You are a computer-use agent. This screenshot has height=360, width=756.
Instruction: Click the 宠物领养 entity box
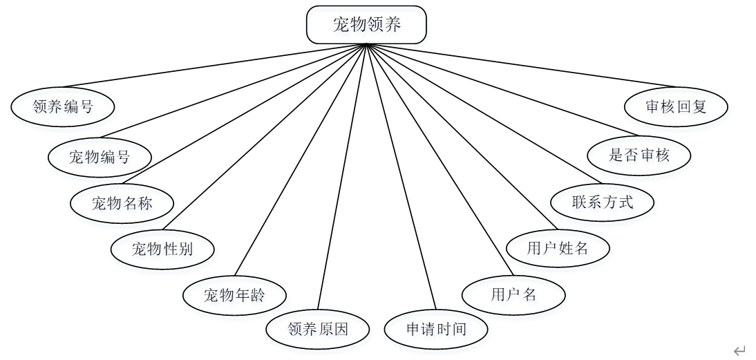click(366, 26)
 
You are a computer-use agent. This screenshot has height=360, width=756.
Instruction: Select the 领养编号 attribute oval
click(63, 106)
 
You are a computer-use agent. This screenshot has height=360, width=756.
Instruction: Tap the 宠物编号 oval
click(100, 157)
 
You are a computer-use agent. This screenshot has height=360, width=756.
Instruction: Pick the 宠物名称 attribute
click(122, 203)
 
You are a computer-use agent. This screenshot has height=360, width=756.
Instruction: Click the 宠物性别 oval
click(162, 249)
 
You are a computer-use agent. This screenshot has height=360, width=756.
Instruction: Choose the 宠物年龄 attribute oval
click(234, 296)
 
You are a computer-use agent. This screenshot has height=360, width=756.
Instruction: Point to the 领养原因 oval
click(318, 329)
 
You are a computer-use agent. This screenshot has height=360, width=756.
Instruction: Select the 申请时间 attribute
click(436, 329)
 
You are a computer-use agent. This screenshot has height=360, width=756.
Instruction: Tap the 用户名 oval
click(513, 295)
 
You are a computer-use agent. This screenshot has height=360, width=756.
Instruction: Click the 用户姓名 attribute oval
click(558, 249)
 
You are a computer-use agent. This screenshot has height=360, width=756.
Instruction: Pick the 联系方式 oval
click(603, 202)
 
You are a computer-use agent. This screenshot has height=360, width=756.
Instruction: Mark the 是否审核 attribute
click(639, 155)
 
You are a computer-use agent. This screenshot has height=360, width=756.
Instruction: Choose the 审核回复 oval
click(677, 107)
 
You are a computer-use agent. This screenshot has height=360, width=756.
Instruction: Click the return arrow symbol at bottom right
click(739, 350)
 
